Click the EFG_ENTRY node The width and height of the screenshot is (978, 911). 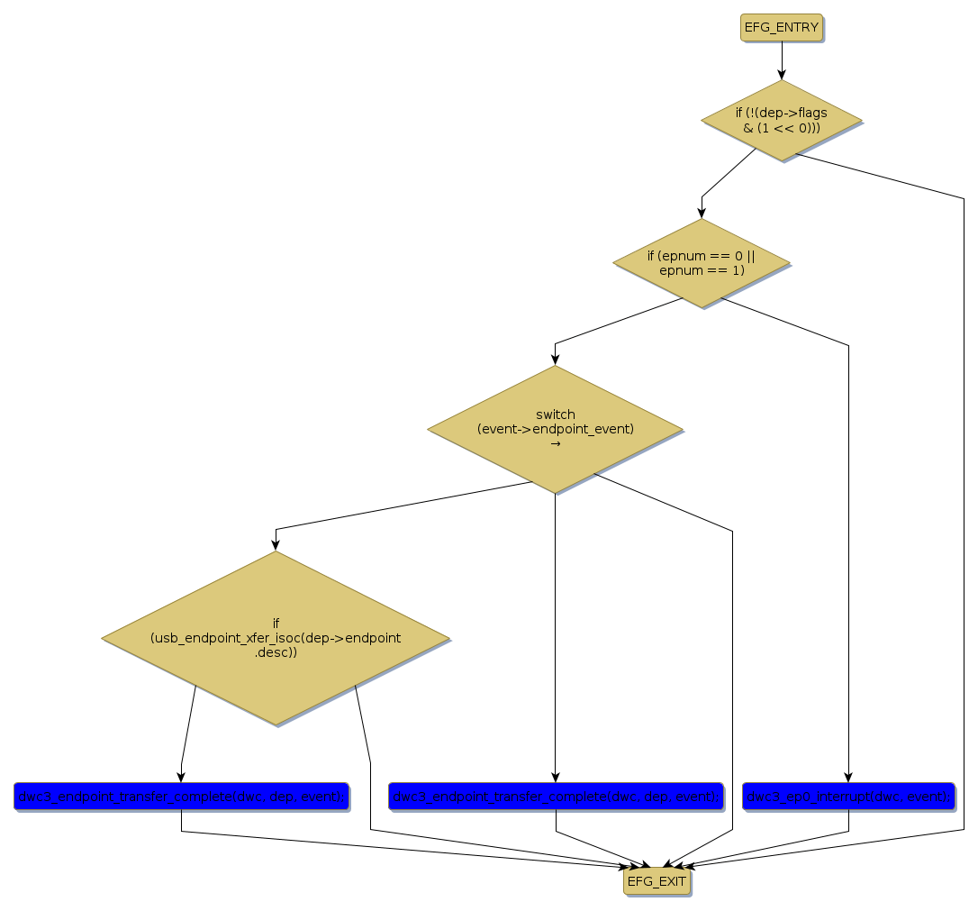tap(782, 27)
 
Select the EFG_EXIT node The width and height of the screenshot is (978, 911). tap(657, 881)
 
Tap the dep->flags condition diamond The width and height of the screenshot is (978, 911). tap(782, 121)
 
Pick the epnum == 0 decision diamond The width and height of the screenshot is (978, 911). tap(702, 262)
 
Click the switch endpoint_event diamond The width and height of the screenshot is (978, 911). tap(555, 429)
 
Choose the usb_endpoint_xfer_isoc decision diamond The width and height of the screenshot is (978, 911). tap(276, 637)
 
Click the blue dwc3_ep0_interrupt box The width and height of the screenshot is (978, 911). tap(848, 797)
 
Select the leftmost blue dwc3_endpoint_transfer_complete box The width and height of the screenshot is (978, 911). tap(181, 797)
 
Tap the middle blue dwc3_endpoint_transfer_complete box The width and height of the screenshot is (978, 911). tap(556, 797)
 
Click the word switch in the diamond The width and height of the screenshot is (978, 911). tap(555, 415)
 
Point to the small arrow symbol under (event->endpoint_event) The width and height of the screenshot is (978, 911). tap(555, 443)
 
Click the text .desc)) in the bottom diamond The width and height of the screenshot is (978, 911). tap(276, 651)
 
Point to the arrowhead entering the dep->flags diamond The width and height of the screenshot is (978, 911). tap(782, 74)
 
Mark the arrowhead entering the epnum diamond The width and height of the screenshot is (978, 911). tap(702, 214)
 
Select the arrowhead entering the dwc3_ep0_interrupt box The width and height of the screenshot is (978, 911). tap(848, 778)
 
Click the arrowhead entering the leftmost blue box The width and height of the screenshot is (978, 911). tap(181, 778)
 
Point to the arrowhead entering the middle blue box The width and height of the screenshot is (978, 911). tap(556, 778)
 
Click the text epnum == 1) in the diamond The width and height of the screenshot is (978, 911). tap(702, 269)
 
